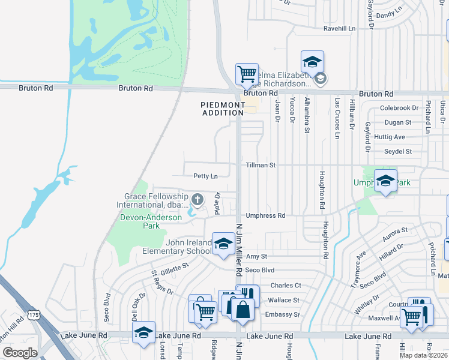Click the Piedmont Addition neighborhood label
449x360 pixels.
[x=223, y=109]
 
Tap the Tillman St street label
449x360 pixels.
[x=260, y=164]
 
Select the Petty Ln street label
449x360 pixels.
[x=205, y=176]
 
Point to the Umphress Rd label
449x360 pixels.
[x=265, y=215]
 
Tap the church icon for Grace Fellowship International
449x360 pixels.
[x=197, y=199]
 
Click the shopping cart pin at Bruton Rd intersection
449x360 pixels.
[x=247, y=75]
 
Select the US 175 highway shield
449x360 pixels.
[x=34, y=314]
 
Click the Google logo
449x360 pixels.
[x=20, y=353]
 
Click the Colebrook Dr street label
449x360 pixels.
[x=399, y=108]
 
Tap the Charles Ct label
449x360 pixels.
[x=285, y=286]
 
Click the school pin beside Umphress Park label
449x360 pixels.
[x=385, y=181]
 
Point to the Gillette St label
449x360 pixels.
[x=174, y=265]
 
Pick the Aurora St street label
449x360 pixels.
[x=396, y=230]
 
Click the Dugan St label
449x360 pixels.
[x=398, y=122]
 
